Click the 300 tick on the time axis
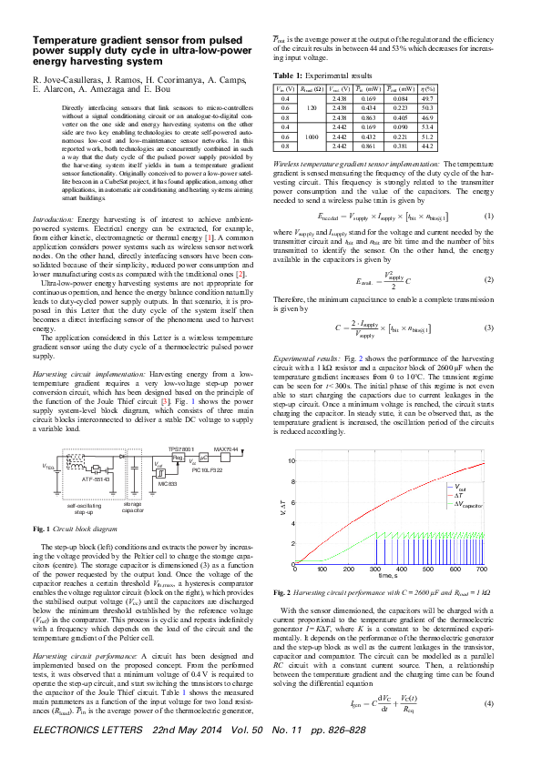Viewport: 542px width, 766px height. tap(375, 569)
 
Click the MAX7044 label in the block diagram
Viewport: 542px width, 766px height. tap(225, 449)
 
